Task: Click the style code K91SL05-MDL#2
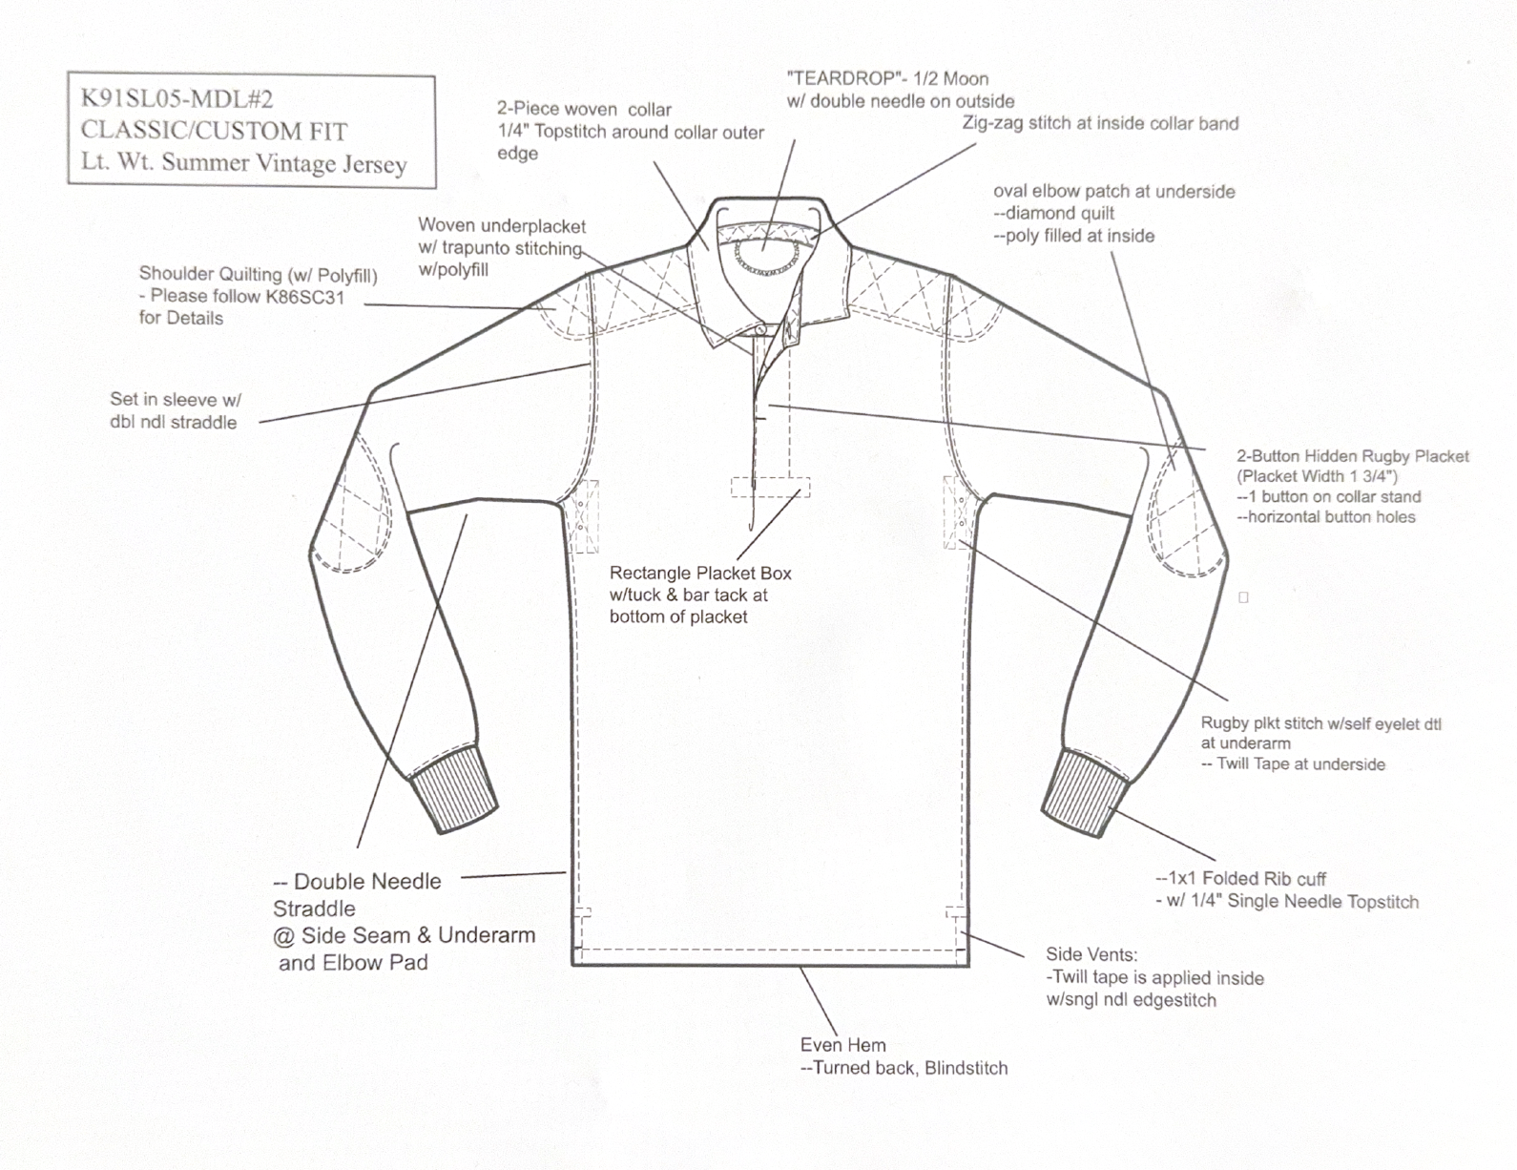click(x=177, y=98)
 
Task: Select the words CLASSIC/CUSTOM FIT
click(x=214, y=131)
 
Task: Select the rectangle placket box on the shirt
click(x=770, y=487)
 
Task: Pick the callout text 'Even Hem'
click(x=842, y=1045)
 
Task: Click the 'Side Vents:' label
click(x=1091, y=954)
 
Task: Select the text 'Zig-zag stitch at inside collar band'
click(x=1099, y=124)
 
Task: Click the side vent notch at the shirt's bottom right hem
click(x=957, y=914)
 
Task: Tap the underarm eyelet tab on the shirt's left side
click(x=583, y=515)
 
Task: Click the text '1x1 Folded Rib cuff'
click(x=1246, y=879)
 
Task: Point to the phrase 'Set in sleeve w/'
click(x=176, y=400)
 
